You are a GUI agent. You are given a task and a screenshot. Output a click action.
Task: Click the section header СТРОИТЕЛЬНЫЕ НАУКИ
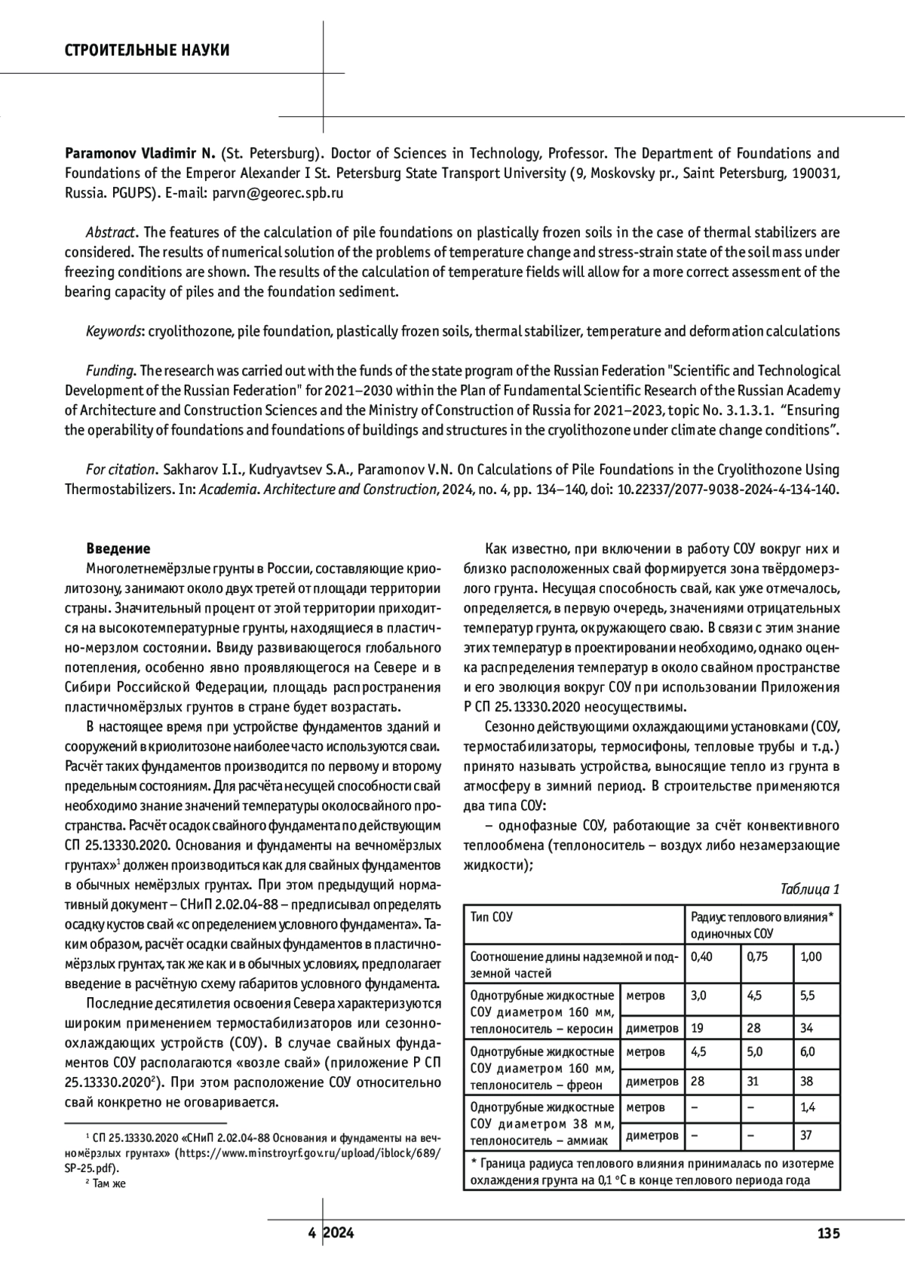click(147, 51)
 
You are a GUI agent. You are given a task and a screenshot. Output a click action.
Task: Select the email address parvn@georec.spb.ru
click(278, 192)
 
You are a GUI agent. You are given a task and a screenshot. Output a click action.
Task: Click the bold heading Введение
click(118, 548)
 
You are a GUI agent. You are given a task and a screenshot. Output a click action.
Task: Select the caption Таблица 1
click(810, 889)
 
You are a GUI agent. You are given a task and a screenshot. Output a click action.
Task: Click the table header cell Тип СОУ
click(492, 917)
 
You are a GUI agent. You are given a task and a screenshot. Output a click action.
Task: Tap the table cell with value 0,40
click(702, 956)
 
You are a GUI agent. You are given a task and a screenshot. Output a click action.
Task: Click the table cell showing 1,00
click(811, 956)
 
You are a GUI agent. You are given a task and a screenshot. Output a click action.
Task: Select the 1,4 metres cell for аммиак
click(807, 1107)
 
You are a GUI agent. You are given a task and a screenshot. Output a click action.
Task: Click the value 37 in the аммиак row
click(806, 1134)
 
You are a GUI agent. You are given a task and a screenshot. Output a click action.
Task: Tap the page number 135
click(827, 1234)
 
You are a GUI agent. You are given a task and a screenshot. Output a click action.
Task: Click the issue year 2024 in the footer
click(339, 1234)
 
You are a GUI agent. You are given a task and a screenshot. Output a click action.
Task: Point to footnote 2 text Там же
click(109, 1183)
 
